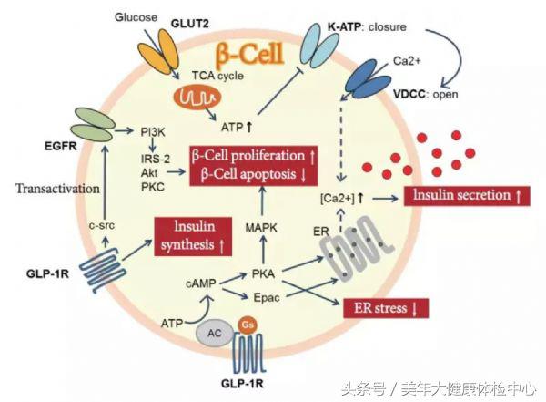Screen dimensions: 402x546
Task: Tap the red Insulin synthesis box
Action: (193, 235)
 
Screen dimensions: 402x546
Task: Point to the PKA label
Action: (264, 271)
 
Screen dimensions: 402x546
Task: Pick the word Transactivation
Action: (56, 189)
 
